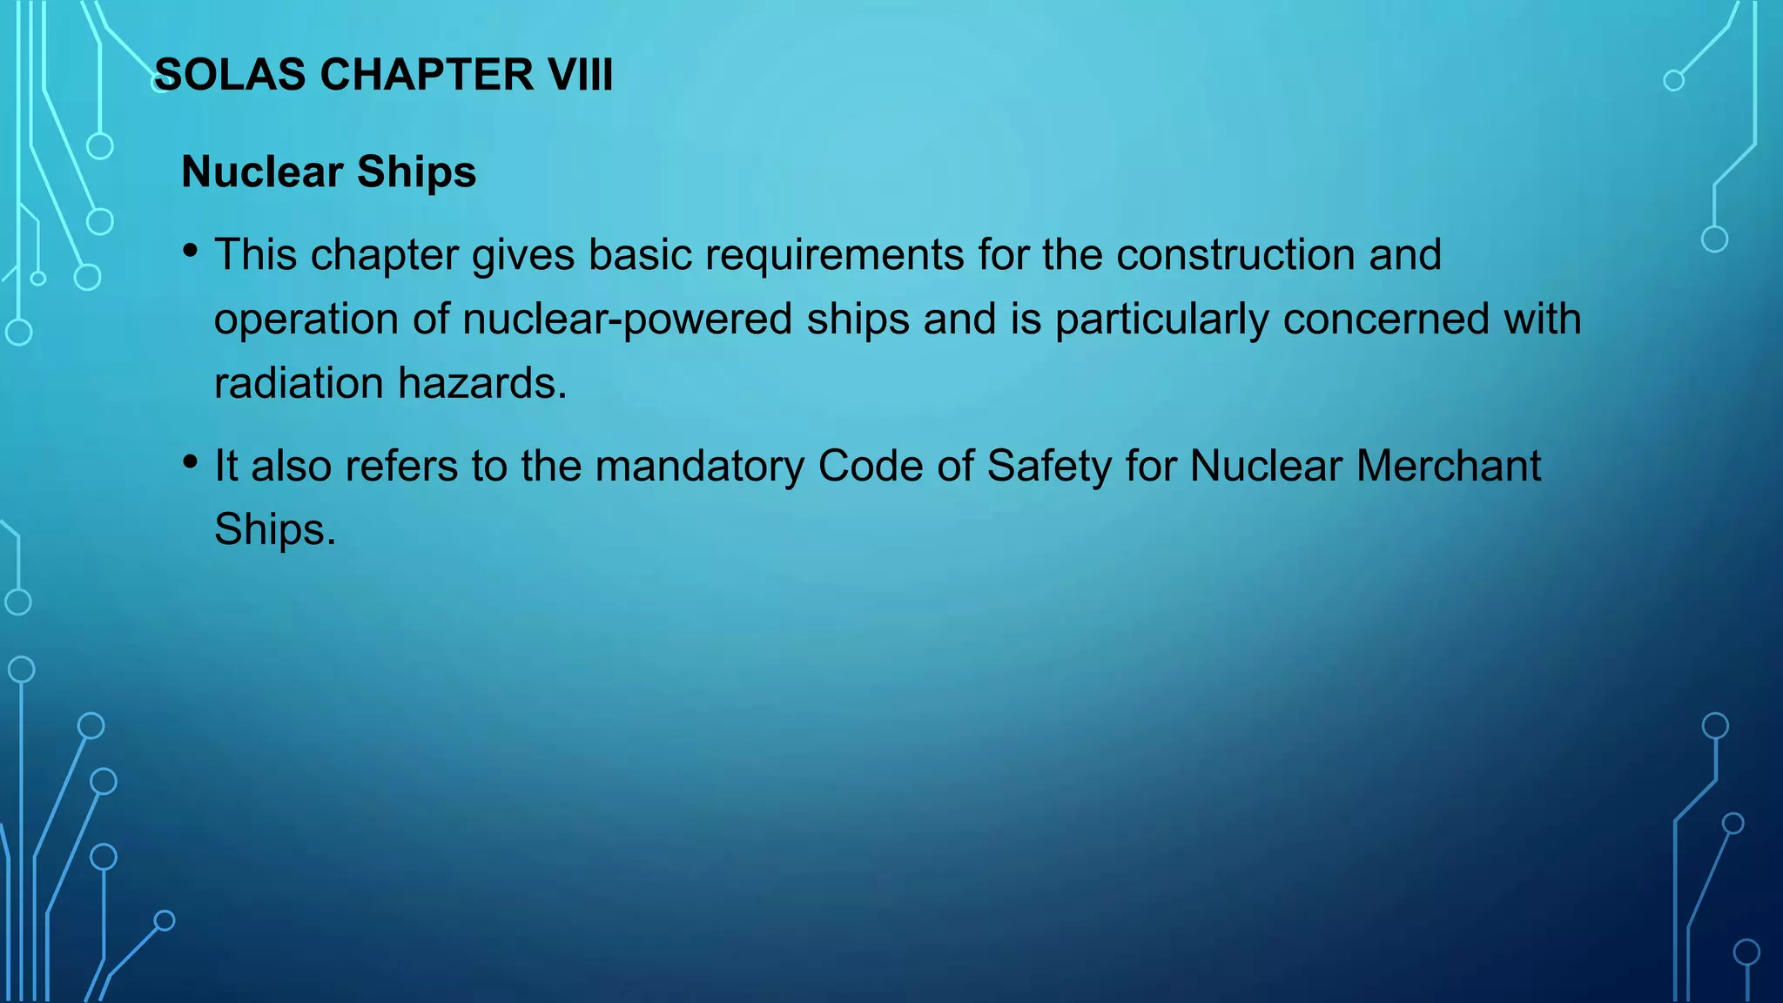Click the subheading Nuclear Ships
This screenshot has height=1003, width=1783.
pyautogui.click(x=328, y=172)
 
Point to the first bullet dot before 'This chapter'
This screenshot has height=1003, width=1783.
pyautogui.click(x=191, y=252)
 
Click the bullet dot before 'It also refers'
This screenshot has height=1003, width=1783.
pyautogui.click(x=191, y=462)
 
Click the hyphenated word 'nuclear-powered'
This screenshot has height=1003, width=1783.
pyautogui.click(x=627, y=319)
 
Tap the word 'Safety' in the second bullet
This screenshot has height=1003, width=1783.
pyautogui.click(x=1049, y=466)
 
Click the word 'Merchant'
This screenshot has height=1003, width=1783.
pyautogui.click(x=1449, y=466)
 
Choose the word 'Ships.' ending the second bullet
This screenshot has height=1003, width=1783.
pyautogui.click(x=275, y=529)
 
